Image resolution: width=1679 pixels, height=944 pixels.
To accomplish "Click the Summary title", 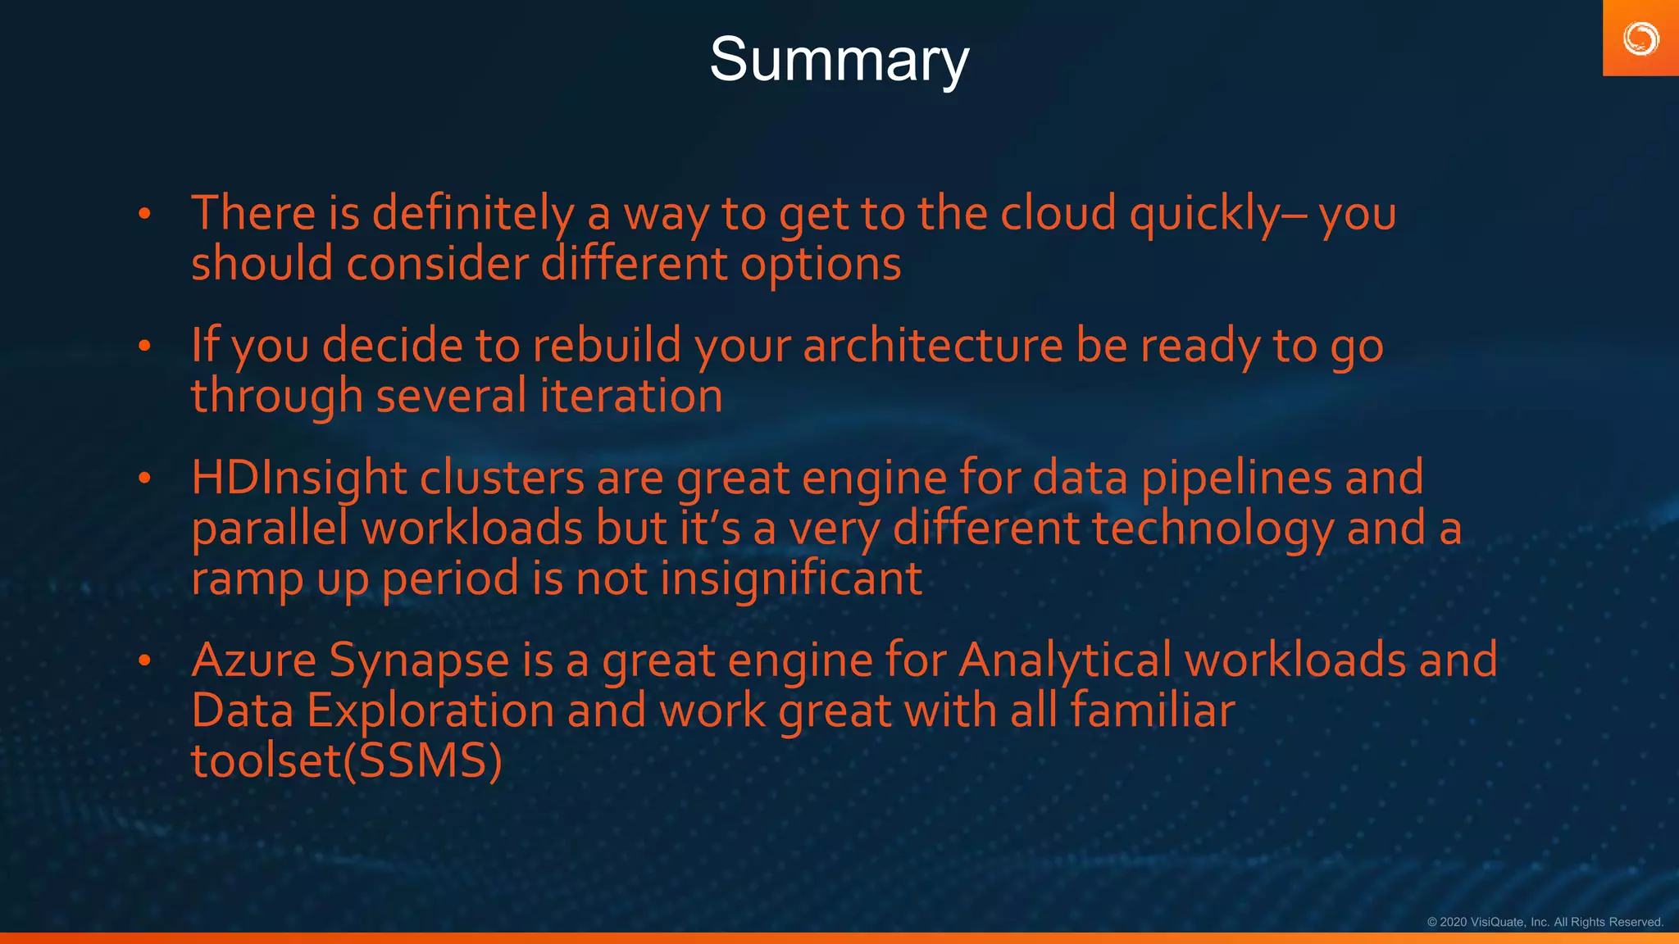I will pos(839,60).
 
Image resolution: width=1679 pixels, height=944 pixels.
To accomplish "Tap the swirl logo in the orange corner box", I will pos(1640,39).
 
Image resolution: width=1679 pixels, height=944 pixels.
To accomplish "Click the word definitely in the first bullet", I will pos(473,213).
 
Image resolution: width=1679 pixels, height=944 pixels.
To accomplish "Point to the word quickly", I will pos(1204,215).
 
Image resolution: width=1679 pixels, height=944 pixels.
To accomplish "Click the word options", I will pos(821,265).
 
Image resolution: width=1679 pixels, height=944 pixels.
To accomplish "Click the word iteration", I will pos(631,396).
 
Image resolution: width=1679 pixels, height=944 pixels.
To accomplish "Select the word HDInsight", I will pos(298,478).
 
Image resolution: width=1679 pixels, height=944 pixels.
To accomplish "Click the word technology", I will pos(1213,529).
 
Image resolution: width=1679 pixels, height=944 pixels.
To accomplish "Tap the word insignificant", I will pos(791,579).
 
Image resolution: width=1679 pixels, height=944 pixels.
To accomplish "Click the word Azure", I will pos(253,660).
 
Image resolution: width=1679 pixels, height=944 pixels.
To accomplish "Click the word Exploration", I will pos(430,711).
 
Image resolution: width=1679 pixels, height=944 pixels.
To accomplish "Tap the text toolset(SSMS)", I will pos(346,761).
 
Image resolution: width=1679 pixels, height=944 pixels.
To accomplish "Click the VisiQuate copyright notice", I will pos(1545,922).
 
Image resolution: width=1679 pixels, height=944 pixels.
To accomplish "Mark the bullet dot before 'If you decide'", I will pos(145,346).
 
